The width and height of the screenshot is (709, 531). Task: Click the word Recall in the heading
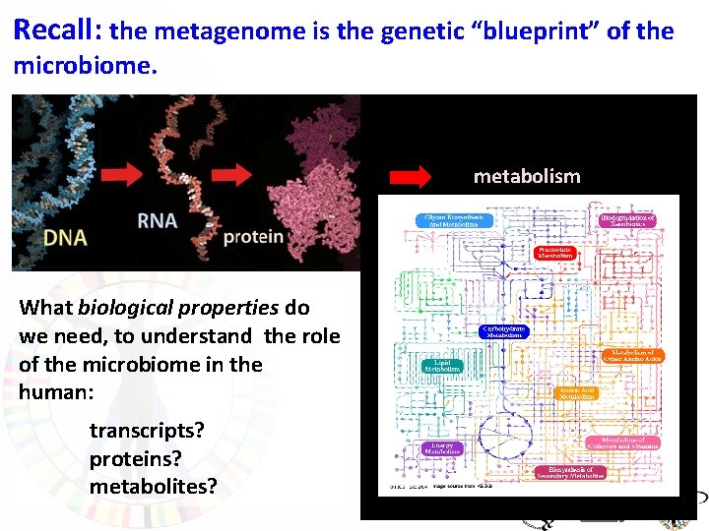tap(54, 29)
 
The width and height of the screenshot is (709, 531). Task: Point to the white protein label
tap(253, 237)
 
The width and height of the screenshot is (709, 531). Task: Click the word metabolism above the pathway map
tap(527, 177)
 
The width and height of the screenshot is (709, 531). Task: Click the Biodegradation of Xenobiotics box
tap(626, 220)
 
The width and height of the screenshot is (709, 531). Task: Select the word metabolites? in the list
tap(153, 486)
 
